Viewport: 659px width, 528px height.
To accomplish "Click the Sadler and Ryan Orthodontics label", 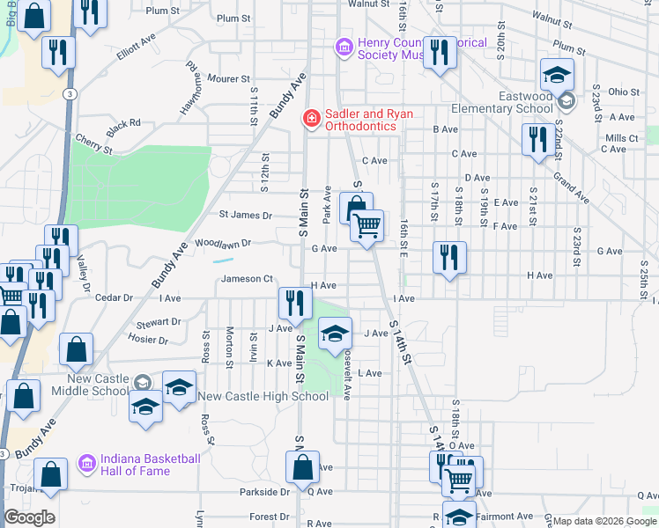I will [x=357, y=120].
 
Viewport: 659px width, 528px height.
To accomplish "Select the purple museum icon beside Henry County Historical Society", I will [x=344, y=47].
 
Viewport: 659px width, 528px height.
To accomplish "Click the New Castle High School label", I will [x=263, y=397].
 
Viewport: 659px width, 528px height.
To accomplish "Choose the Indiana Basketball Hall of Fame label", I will [x=151, y=465].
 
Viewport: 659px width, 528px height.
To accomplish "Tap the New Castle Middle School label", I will [x=85, y=385].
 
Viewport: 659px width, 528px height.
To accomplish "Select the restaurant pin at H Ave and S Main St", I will [x=294, y=303].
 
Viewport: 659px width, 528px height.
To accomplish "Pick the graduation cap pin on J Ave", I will [x=335, y=334].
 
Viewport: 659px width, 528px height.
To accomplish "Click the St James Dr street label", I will [x=246, y=215].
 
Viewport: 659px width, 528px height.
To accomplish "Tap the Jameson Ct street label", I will [x=247, y=279].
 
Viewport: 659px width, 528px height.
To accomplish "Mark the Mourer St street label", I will [x=227, y=79].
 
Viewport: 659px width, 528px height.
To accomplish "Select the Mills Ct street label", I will [x=622, y=138].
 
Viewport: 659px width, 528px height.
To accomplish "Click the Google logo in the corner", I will [x=29, y=517].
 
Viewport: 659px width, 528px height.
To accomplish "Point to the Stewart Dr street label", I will [x=159, y=322].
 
